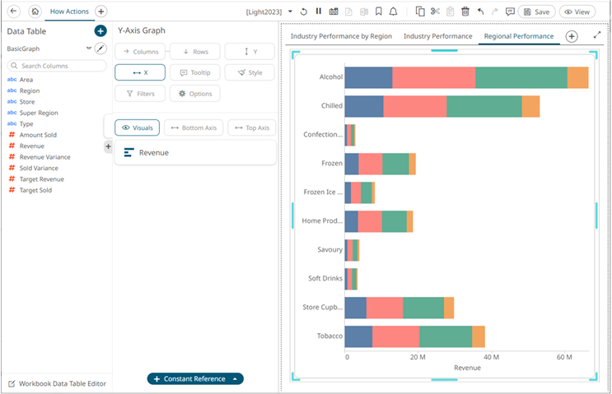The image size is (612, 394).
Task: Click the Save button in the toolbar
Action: (x=537, y=12)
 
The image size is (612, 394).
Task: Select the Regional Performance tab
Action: (x=519, y=36)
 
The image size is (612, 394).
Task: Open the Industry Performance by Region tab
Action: (x=341, y=36)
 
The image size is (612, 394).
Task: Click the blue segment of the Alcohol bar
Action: (x=368, y=77)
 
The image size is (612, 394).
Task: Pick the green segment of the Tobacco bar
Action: (x=446, y=336)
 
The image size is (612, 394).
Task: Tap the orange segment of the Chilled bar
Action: (x=530, y=106)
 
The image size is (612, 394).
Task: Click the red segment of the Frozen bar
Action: (x=371, y=164)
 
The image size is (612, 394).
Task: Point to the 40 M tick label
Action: (x=491, y=357)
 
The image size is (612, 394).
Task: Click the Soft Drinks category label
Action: (x=325, y=278)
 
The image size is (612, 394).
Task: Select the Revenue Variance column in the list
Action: (x=44, y=157)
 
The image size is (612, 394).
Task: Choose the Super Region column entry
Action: (x=39, y=113)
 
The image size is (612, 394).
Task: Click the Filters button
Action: (x=140, y=94)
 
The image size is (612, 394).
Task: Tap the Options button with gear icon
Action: (x=194, y=94)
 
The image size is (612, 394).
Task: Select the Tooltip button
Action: (x=194, y=72)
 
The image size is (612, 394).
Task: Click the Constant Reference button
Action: (x=195, y=379)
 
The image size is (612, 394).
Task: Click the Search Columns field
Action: (x=57, y=66)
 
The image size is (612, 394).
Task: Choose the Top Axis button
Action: (x=252, y=127)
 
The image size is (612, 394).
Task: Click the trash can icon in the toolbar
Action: (x=465, y=12)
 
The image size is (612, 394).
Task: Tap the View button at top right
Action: (x=577, y=12)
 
